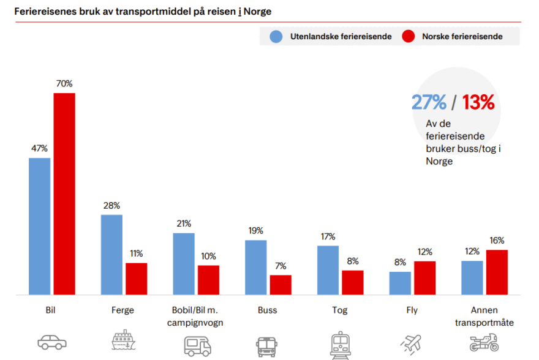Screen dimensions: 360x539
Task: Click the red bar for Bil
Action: tap(64, 193)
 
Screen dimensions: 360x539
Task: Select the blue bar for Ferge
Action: tap(111, 255)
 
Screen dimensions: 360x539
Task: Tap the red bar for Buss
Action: tap(281, 285)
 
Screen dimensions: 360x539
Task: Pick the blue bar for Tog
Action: tap(328, 270)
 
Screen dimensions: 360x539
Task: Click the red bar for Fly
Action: tap(424, 278)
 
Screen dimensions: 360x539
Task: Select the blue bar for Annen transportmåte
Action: tap(472, 278)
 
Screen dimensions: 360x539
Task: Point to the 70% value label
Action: tap(64, 83)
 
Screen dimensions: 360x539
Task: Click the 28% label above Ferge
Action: tap(111, 206)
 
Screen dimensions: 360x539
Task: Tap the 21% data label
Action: tap(184, 223)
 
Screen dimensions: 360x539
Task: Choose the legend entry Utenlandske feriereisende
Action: tap(331, 37)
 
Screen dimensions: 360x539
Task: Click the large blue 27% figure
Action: tap(429, 102)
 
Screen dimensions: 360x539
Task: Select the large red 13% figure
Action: tap(478, 102)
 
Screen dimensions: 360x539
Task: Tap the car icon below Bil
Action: tap(51, 342)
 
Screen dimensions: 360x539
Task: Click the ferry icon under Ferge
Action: tap(124, 340)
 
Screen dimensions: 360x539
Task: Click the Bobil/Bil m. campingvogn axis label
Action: tap(195, 317)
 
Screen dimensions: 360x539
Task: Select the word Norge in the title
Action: tap(258, 12)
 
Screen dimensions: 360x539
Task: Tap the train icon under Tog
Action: tap(339, 343)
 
